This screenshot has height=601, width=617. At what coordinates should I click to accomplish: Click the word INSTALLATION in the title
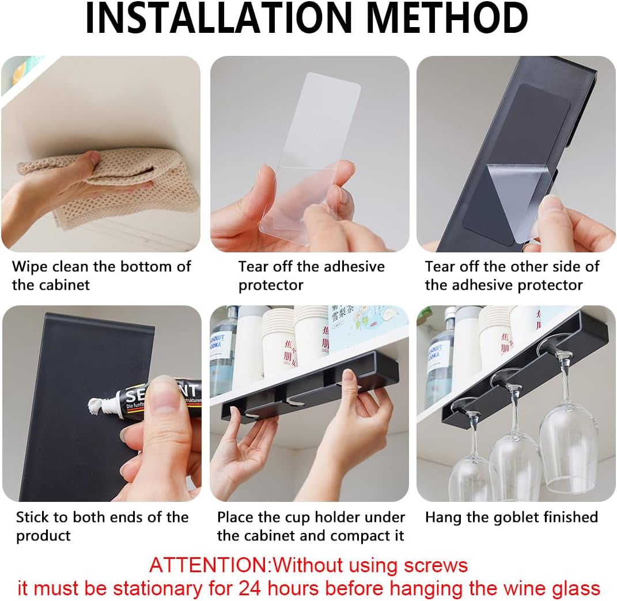pyautogui.click(x=218, y=18)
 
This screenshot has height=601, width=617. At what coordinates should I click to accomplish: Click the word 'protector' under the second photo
pyautogui.click(x=271, y=285)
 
